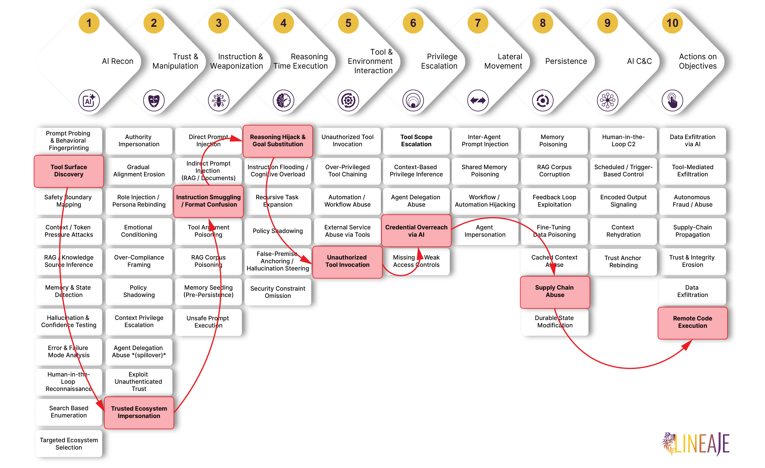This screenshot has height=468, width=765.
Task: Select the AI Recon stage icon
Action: pyautogui.click(x=89, y=100)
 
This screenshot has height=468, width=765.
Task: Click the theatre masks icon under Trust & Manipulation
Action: pyautogui.click(x=154, y=100)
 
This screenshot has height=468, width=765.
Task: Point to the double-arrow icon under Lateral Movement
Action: pyautogui.click(x=478, y=100)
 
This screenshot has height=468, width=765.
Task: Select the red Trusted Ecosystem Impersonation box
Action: pyautogui.click(x=139, y=412)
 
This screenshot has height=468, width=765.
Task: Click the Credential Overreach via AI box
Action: pyautogui.click(x=416, y=231)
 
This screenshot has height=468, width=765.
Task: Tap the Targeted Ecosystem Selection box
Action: pyautogui.click(x=69, y=444)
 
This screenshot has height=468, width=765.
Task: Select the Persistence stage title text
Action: pyautogui.click(x=566, y=61)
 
